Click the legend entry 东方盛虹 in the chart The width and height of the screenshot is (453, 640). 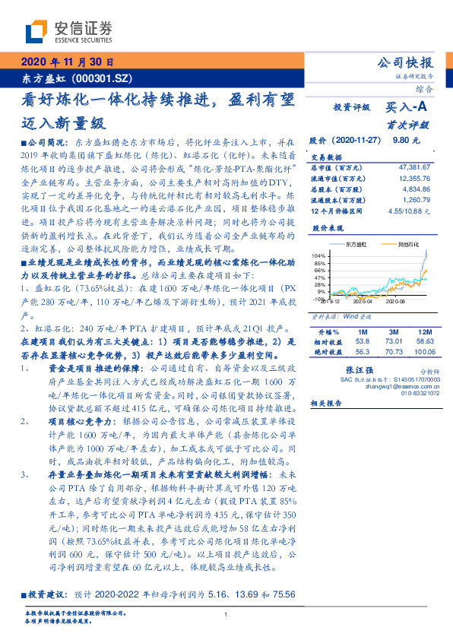click(356, 244)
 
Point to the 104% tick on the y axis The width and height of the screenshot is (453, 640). click(319, 255)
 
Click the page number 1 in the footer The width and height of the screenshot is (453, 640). click(226, 615)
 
